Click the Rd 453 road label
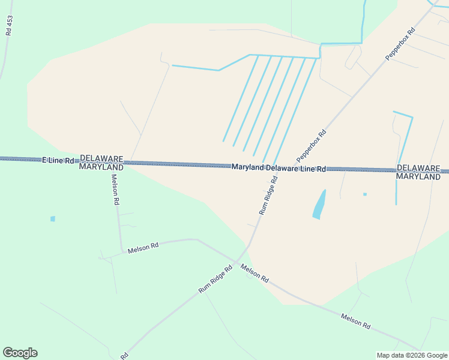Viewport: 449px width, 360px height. point(9,26)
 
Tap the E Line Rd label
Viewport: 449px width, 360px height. point(58,161)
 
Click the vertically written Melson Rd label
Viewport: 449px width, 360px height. point(115,190)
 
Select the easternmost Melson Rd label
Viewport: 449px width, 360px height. point(355,320)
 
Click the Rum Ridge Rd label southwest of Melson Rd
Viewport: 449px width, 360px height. point(215,280)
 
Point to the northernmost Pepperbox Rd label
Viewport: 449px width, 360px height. point(400,43)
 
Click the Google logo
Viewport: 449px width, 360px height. point(20,353)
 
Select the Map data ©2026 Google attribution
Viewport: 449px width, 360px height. point(412,355)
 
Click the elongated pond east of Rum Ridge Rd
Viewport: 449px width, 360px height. point(319,205)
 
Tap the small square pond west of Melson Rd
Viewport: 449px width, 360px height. point(53,219)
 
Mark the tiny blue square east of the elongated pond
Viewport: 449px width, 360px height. point(364,194)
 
